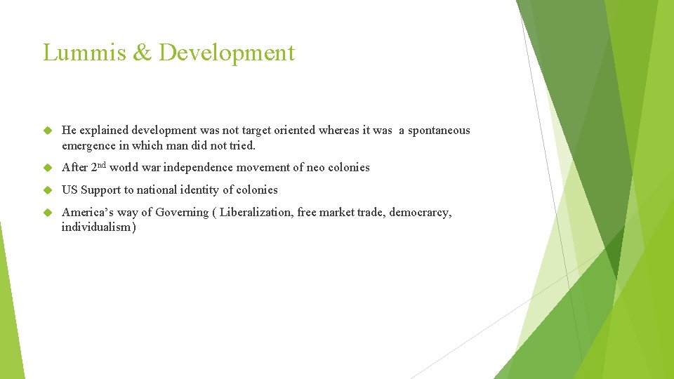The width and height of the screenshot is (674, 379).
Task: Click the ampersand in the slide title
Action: pyautogui.click(x=143, y=53)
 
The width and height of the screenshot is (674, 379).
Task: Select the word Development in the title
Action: pyautogui.click(x=227, y=53)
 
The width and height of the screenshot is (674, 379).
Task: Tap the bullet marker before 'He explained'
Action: pyautogui.click(x=48, y=131)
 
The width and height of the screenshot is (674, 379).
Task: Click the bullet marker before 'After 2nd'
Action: pyautogui.click(x=48, y=168)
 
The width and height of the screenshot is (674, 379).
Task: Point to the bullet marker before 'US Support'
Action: pyautogui.click(x=48, y=190)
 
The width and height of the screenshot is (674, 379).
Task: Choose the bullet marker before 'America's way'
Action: pyautogui.click(x=48, y=213)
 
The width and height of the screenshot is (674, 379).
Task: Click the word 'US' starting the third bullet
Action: pyautogui.click(x=70, y=190)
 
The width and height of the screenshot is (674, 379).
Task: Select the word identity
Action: pyautogui.click(x=197, y=190)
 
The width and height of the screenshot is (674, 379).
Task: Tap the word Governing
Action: pyautogui.click(x=182, y=213)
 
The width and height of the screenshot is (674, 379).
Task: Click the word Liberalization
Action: pyautogui.click(x=256, y=212)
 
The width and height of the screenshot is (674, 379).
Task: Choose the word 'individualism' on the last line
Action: pyautogui.click(x=96, y=227)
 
